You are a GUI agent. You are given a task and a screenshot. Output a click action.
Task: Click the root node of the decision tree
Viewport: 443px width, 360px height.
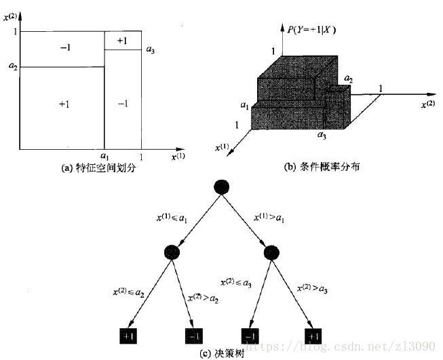click(x=221, y=187)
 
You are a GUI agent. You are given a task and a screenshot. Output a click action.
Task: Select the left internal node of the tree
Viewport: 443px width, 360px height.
click(x=172, y=252)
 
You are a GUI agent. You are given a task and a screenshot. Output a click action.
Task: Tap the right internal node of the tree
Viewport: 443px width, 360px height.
click(x=271, y=252)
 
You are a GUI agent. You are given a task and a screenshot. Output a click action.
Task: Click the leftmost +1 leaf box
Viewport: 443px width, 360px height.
click(x=128, y=336)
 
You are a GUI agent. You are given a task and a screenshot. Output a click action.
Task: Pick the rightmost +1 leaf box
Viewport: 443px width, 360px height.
click(x=313, y=336)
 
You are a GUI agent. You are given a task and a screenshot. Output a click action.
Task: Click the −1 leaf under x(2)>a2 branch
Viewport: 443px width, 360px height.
click(x=194, y=336)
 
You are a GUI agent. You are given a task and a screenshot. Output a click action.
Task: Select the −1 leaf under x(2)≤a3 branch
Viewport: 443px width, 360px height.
click(x=250, y=336)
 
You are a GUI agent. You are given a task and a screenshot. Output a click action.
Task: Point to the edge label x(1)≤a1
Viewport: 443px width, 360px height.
click(x=172, y=218)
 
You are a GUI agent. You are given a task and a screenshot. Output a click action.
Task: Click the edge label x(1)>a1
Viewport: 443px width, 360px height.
click(x=269, y=218)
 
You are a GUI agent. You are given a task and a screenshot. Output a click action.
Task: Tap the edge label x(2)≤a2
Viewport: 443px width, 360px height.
click(x=128, y=292)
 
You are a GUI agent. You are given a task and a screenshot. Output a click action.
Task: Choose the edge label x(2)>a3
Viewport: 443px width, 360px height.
click(x=312, y=288)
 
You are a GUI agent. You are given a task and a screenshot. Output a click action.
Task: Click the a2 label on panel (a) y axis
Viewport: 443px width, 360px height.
click(x=13, y=66)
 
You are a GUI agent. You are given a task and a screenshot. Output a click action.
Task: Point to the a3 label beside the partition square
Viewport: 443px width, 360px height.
click(x=151, y=50)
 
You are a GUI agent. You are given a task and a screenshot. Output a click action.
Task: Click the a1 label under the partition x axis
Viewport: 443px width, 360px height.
click(x=104, y=156)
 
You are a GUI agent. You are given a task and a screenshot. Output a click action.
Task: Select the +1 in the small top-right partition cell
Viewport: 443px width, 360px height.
click(x=122, y=41)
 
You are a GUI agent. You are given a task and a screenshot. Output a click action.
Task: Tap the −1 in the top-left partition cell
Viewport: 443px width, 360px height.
click(x=65, y=47)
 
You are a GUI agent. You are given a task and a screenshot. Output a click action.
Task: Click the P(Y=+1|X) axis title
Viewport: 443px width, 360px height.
click(x=311, y=30)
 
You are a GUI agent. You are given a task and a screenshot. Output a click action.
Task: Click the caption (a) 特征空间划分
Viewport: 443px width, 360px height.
click(x=99, y=168)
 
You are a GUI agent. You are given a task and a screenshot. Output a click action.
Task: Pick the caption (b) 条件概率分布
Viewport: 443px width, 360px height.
click(x=322, y=167)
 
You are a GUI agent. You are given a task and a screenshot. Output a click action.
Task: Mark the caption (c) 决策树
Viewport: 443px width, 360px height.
click(x=221, y=354)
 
